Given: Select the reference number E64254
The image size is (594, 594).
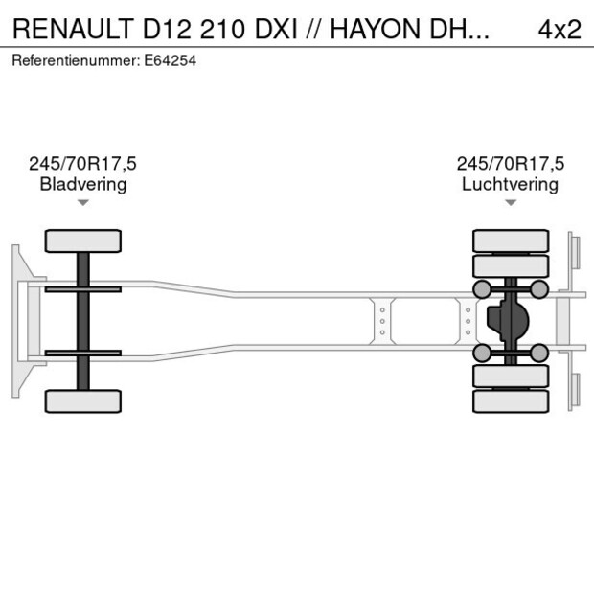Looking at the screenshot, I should (171, 60).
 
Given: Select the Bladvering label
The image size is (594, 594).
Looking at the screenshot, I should (82, 184).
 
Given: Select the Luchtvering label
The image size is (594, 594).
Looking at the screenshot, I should (510, 184).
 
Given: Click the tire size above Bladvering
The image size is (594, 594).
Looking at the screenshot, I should (82, 164).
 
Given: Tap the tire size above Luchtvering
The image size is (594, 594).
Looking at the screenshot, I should (510, 164).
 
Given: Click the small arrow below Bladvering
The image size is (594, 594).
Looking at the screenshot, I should (83, 202).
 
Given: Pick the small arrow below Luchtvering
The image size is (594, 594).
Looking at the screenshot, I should (511, 202).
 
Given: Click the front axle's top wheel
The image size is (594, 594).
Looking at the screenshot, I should (83, 240).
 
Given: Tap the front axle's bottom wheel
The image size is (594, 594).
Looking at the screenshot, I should (83, 400).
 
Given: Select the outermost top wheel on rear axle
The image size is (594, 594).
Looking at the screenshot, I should (511, 240).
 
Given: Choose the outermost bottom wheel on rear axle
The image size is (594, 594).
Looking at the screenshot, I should (511, 400).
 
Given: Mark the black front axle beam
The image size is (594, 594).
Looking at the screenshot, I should (83, 320).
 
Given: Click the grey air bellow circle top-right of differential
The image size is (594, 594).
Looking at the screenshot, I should (539, 289).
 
